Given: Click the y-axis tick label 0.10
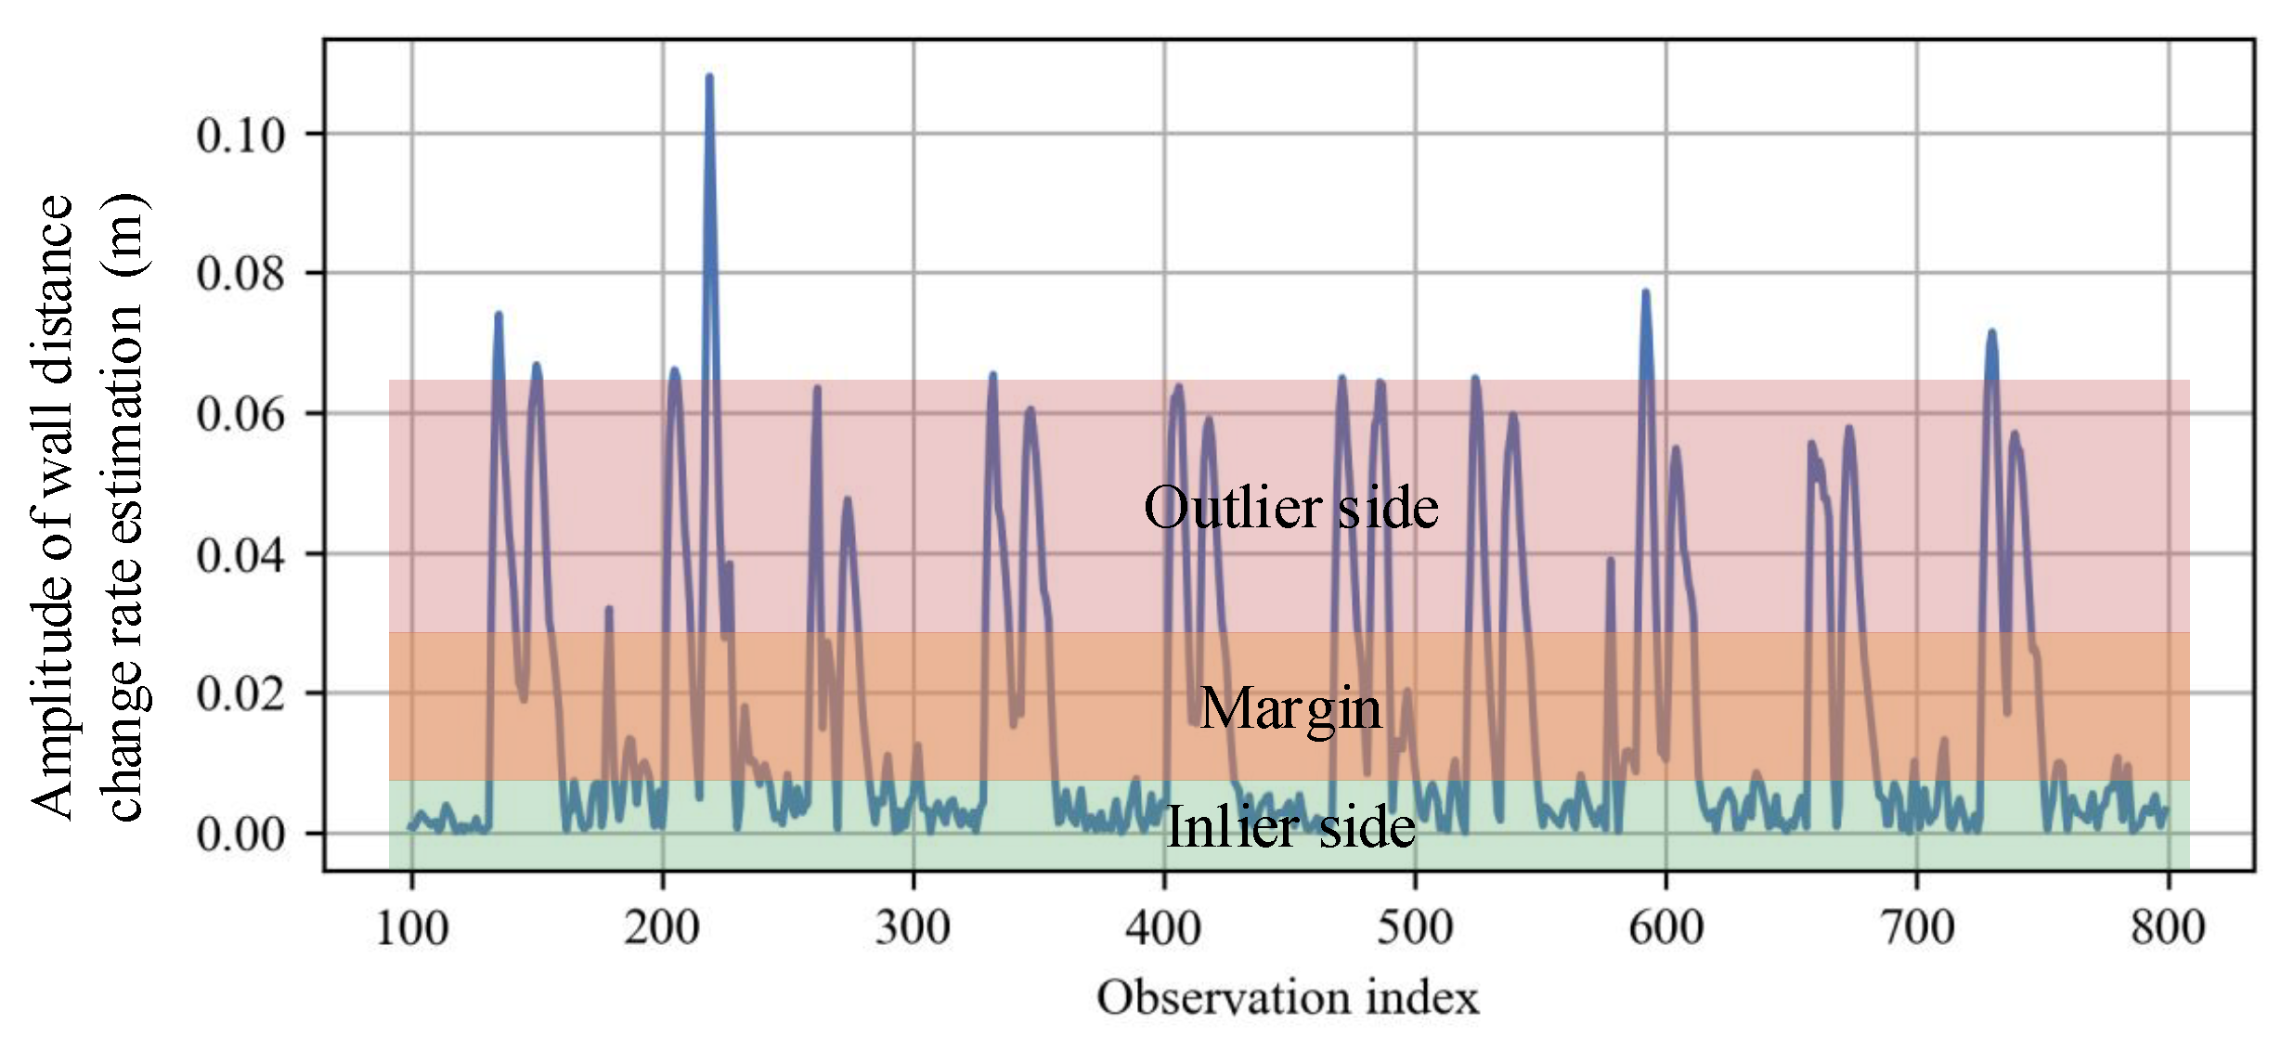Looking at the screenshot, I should click(240, 136).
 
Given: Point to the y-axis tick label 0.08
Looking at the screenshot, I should click(240, 275).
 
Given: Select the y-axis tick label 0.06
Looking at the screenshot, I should click(240, 414).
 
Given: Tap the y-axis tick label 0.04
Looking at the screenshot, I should click(240, 555).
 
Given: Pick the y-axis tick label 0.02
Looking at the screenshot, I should click(240, 694).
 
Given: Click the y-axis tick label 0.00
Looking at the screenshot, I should click(240, 835).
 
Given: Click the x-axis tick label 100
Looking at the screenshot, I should click(411, 927).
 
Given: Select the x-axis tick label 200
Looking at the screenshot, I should click(662, 927).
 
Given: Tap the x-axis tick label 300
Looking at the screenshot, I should click(913, 927).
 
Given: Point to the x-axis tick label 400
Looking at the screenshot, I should click(1163, 927).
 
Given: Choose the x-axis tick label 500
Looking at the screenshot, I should click(1415, 927).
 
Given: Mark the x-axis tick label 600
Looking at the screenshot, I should click(1666, 927).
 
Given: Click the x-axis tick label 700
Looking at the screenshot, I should click(1917, 927).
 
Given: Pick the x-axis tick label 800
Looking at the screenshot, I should click(2168, 927).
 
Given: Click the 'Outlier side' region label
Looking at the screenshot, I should click(1290, 508).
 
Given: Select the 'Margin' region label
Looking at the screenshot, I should click(1290, 709).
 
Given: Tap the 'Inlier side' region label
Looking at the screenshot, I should click(1290, 826).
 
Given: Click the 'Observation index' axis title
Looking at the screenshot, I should click(1288, 999).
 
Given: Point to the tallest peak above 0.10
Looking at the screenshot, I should click(709, 78).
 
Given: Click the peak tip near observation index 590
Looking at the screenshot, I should click(1645, 293).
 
